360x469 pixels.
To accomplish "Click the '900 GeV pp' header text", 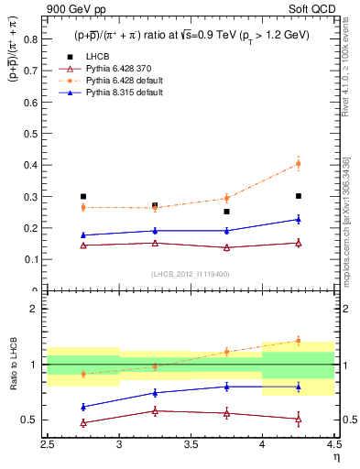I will pyautogui.click(x=71, y=9).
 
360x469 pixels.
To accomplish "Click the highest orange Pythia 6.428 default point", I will pyautogui.click(x=297, y=164).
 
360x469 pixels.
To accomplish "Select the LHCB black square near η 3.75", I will pyautogui.click(x=226, y=212).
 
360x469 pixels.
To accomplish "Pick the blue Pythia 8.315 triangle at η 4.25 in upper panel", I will pyautogui.click(x=297, y=219).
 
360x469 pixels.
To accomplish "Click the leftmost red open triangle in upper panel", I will pyautogui.click(x=83, y=245).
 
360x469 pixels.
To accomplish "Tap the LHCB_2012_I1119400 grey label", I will pyautogui.click(x=191, y=274).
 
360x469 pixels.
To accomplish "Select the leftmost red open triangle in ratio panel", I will pyautogui.click(x=83, y=423).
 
